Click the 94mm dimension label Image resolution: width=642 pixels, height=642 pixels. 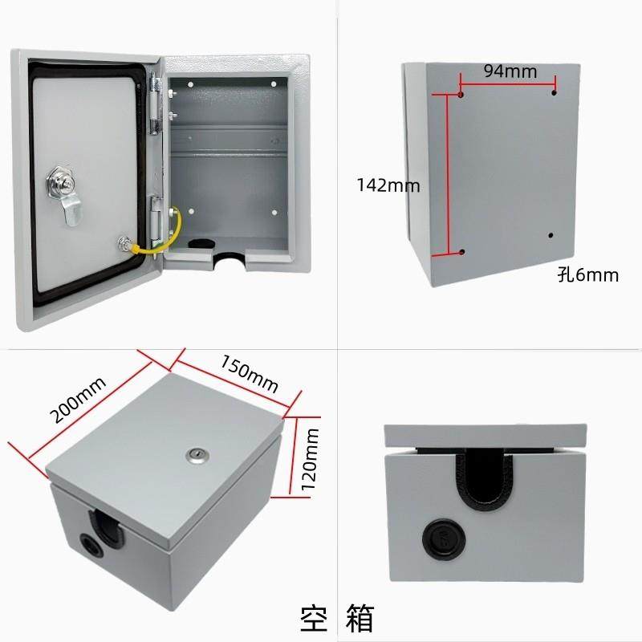tap(510, 71)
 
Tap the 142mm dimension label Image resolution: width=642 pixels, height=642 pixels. tap(389, 185)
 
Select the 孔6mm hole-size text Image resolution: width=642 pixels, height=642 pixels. tap(587, 275)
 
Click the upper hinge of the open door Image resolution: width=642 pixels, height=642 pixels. tap(156, 99)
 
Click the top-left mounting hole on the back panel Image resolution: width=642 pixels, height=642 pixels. tap(461, 94)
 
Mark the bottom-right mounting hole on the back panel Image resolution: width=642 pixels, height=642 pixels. tap(551, 235)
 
